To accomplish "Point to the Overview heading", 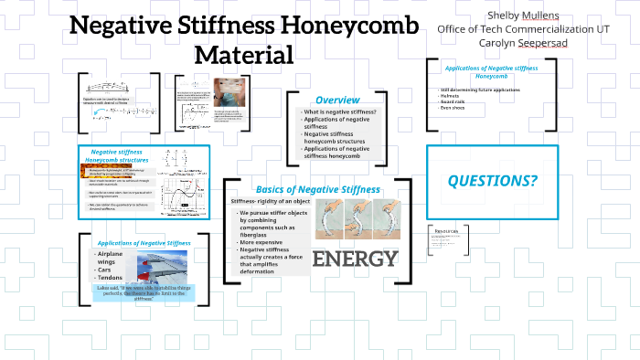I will point(336,100).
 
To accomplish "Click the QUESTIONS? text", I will point(492,181).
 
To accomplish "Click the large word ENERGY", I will point(355,259).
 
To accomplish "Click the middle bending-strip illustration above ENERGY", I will point(354,220).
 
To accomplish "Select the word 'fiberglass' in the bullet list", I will point(258,234).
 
